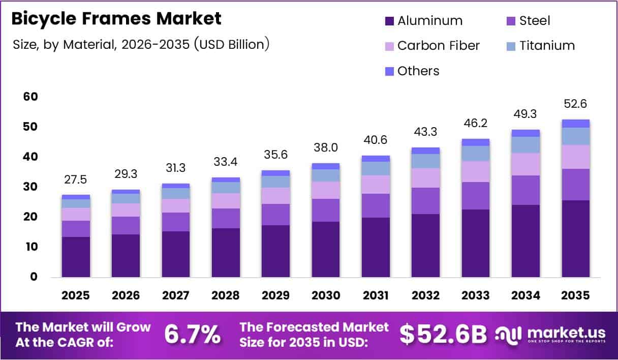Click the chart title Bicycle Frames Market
(x=116, y=19)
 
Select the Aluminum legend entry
(x=424, y=21)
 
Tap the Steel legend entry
(x=528, y=21)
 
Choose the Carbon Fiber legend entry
(x=432, y=46)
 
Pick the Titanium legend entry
(x=540, y=46)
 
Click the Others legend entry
(x=412, y=71)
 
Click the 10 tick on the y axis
(x=32, y=247)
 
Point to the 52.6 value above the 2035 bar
(x=576, y=104)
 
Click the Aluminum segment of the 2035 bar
(x=576, y=239)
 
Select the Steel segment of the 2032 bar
(x=425, y=201)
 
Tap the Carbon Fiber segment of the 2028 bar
(x=226, y=201)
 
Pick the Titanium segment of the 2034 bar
(x=526, y=145)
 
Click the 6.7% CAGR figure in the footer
(x=192, y=335)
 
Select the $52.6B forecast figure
(x=443, y=335)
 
